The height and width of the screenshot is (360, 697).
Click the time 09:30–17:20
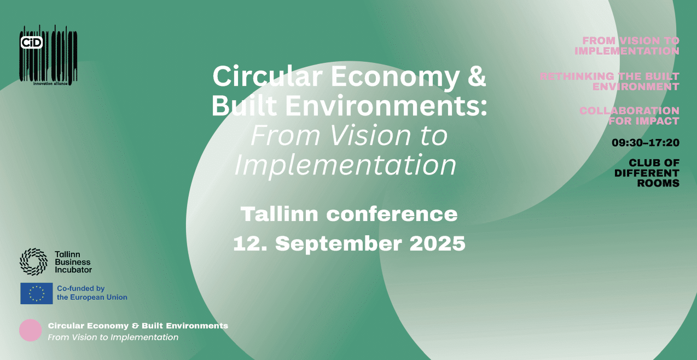click(x=645, y=143)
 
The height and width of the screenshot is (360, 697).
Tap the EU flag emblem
click(x=37, y=293)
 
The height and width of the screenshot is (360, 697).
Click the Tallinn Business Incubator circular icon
click(x=33, y=262)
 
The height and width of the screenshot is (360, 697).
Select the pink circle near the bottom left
click(x=31, y=330)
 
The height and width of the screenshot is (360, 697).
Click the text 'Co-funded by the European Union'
click(x=91, y=293)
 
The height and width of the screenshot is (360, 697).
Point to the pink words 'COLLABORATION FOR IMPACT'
click(x=629, y=115)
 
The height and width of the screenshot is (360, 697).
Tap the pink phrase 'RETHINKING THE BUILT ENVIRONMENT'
click(x=609, y=81)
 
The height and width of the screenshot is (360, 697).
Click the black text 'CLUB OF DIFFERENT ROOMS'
click(x=647, y=173)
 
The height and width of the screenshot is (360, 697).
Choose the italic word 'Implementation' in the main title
click(x=345, y=164)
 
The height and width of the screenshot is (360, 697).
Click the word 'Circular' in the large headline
click(x=267, y=77)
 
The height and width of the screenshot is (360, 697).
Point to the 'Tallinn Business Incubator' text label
click(x=73, y=262)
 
